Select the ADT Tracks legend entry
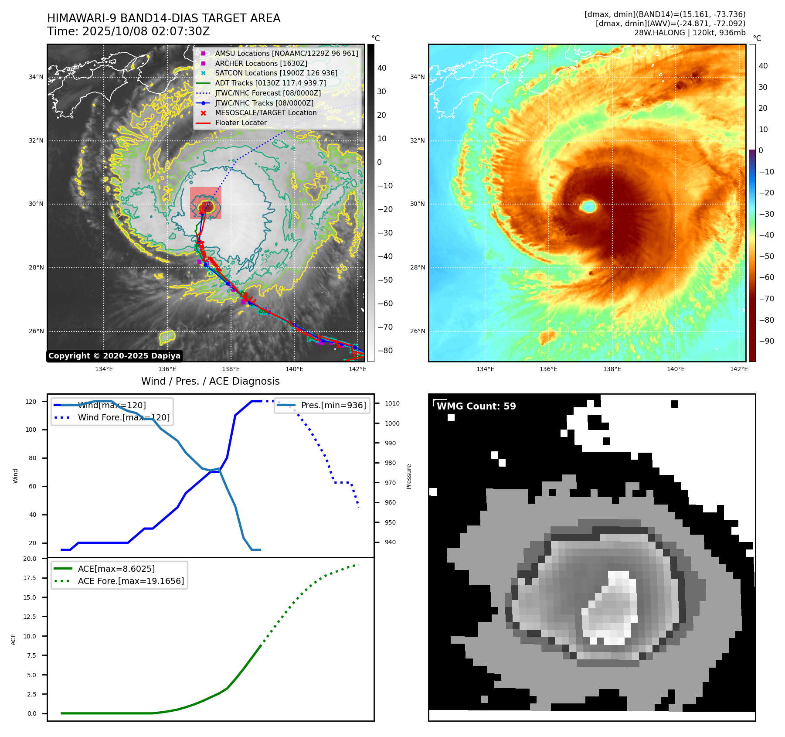[270, 83]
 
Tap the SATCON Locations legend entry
[276, 73]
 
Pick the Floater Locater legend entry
[241, 123]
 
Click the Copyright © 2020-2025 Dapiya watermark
[114, 356]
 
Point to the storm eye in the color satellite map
[588, 206]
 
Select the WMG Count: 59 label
[476, 406]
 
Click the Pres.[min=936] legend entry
[333, 405]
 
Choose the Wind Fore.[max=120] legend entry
[123, 417]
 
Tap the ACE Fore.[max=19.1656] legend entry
[131, 581]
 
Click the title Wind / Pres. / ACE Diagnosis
[211, 381]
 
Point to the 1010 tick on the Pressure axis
[392, 403]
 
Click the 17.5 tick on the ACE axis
[30, 578]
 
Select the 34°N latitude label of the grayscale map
[36, 77]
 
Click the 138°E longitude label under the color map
[612, 369]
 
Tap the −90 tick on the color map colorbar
[766, 341]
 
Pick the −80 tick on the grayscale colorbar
[385, 351]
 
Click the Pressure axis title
[409, 476]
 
